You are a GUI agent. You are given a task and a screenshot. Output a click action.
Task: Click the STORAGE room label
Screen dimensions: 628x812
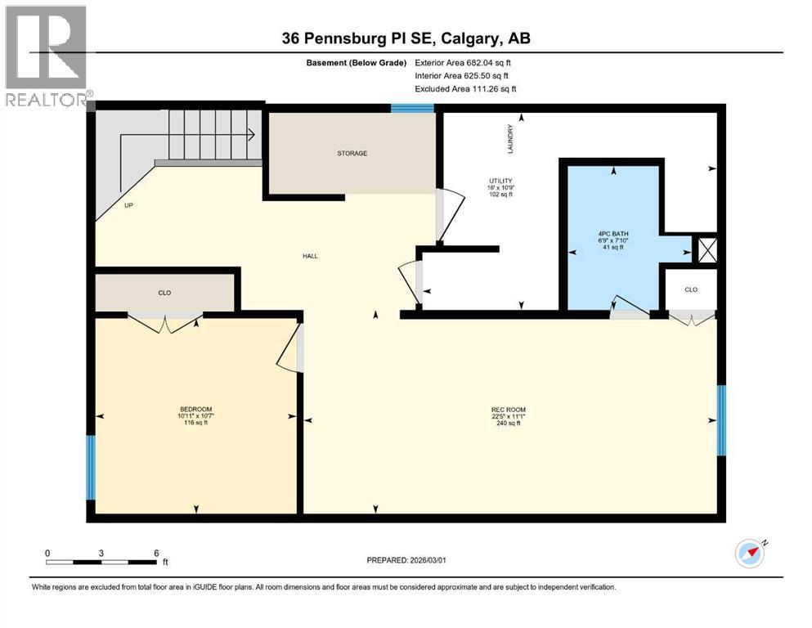pyautogui.click(x=352, y=153)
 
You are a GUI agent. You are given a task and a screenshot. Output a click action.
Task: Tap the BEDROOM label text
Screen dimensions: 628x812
pyautogui.click(x=195, y=409)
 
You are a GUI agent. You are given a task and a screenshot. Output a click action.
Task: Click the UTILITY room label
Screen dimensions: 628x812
pyautogui.click(x=501, y=181)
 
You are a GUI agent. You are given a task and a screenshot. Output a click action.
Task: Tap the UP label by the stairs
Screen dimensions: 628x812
pyautogui.click(x=128, y=205)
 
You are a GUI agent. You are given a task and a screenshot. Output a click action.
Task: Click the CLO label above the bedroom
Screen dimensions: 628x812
pyautogui.click(x=165, y=292)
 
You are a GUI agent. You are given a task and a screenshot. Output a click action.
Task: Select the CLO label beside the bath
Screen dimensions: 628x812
pyautogui.click(x=691, y=289)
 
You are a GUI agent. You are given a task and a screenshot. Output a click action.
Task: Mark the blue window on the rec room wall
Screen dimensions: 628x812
pyautogui.click(x=721, y=419)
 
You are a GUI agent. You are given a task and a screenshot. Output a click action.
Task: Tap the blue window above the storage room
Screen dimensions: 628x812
pyautogui.click(x=411, y=108)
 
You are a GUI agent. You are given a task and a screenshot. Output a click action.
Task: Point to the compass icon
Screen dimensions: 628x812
pyautogui.click(x=750, y=553)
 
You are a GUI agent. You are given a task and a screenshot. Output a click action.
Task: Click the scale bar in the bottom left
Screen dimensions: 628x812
pyautogui.click(x=101, y=561)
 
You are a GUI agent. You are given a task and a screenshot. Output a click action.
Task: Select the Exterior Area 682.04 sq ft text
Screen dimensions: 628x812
pyautogui.click(x=464, y=62)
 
